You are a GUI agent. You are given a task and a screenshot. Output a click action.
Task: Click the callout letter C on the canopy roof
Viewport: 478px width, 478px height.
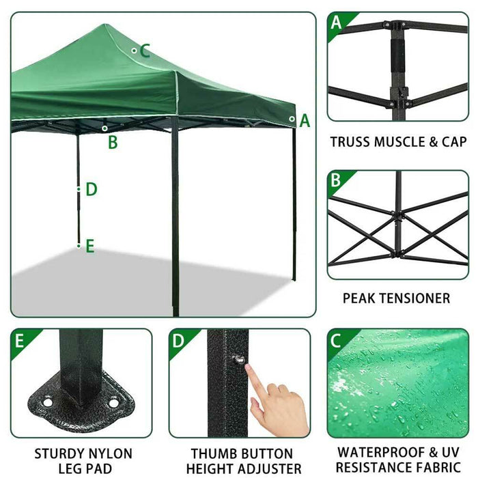point(145,50)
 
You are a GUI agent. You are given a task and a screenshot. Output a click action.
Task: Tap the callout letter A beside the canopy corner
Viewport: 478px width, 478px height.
point(305,122)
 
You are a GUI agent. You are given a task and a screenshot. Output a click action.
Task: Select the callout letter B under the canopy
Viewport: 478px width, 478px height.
point(113,142)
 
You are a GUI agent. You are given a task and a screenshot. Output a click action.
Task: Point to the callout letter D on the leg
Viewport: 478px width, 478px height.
point(92,189)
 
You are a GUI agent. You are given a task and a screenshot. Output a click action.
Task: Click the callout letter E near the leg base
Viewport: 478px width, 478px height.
point(89,246)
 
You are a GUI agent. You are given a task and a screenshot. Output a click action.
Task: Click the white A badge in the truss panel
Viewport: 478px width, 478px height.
point(336,23)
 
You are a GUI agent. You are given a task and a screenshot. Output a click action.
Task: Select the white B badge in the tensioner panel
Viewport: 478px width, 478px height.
point(335,182)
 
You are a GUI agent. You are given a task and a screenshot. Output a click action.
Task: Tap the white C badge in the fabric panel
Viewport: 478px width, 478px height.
point(336,340)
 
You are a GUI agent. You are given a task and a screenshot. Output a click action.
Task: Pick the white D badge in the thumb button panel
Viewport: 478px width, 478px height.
point(178,340)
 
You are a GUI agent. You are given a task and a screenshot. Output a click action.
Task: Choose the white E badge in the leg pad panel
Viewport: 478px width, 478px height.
point(18,340)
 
